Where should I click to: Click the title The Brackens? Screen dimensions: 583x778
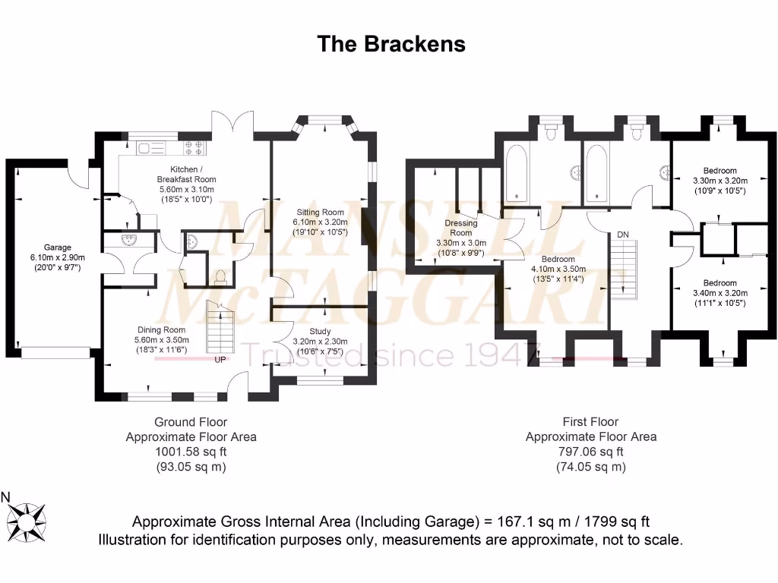[x=391, y=44]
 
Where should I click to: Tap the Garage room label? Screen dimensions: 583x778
[x=57, y=247]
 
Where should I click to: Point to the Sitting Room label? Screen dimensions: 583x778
[x=321, y=213]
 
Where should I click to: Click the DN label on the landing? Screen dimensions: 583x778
[x=623, y=234]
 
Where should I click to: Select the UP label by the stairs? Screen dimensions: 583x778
[x=220, y=359]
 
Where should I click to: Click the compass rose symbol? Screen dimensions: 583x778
[x=31, y=520]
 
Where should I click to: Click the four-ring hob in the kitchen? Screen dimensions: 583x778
[x=191, y=147]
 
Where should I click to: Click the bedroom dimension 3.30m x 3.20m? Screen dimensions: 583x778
[x=719, y=181]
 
